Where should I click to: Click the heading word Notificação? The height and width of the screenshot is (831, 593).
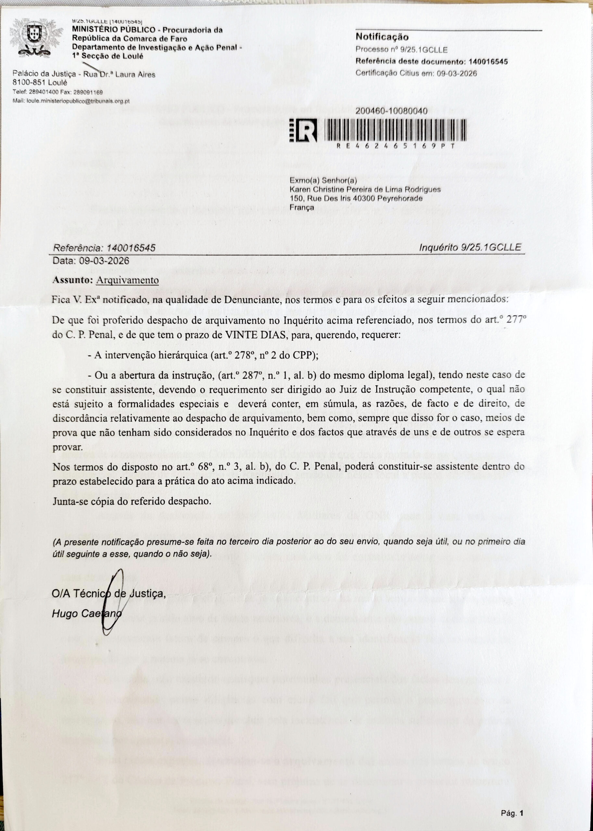[x=382, y=37]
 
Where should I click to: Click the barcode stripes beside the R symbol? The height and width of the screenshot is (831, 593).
[x=394, y=130]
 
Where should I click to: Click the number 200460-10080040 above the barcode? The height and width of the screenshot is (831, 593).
[x=391, y=112]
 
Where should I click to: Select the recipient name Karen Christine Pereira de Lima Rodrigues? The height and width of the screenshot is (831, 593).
[x=365, y=190]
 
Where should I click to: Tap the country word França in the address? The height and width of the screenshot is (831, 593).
[x=301, y=207]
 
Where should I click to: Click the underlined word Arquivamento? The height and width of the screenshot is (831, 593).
[x=127, y=280]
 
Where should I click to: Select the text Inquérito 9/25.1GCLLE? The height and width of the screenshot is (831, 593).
[x=470, y=247]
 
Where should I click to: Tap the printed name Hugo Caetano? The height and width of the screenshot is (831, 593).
[x=86, y=614]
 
